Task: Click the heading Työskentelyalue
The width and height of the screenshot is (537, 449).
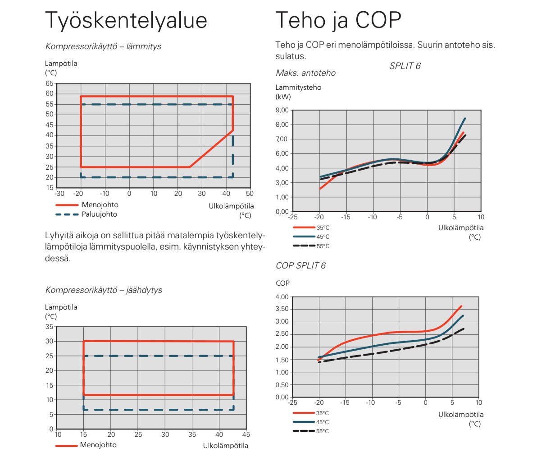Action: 126,21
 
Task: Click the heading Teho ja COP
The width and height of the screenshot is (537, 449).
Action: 338,21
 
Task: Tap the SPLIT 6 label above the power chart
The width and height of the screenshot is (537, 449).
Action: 405,66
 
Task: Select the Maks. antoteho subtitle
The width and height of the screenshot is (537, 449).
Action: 305,73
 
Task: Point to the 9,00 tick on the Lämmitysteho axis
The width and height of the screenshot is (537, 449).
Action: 282,110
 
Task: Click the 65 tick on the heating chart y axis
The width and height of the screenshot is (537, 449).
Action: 50,83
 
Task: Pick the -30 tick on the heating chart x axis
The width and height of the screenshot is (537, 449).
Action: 59,194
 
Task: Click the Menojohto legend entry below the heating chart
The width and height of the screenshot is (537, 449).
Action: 100,205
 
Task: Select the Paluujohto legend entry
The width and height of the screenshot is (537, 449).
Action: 99,214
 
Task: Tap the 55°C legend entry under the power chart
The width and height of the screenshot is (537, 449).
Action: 323,246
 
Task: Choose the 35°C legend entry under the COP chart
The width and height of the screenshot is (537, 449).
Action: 323,413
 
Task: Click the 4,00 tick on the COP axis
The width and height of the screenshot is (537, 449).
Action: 282,297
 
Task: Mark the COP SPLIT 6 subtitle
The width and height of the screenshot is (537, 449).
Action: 300,266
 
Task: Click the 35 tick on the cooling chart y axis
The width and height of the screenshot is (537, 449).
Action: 50,327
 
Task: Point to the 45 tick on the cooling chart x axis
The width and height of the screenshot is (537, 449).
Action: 246,435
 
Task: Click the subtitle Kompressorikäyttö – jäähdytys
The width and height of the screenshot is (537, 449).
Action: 104,290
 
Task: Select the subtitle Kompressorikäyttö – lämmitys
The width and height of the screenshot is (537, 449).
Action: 103,46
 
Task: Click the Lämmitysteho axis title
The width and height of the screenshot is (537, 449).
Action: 298,88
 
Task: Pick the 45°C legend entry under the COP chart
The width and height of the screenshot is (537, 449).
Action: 323,422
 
